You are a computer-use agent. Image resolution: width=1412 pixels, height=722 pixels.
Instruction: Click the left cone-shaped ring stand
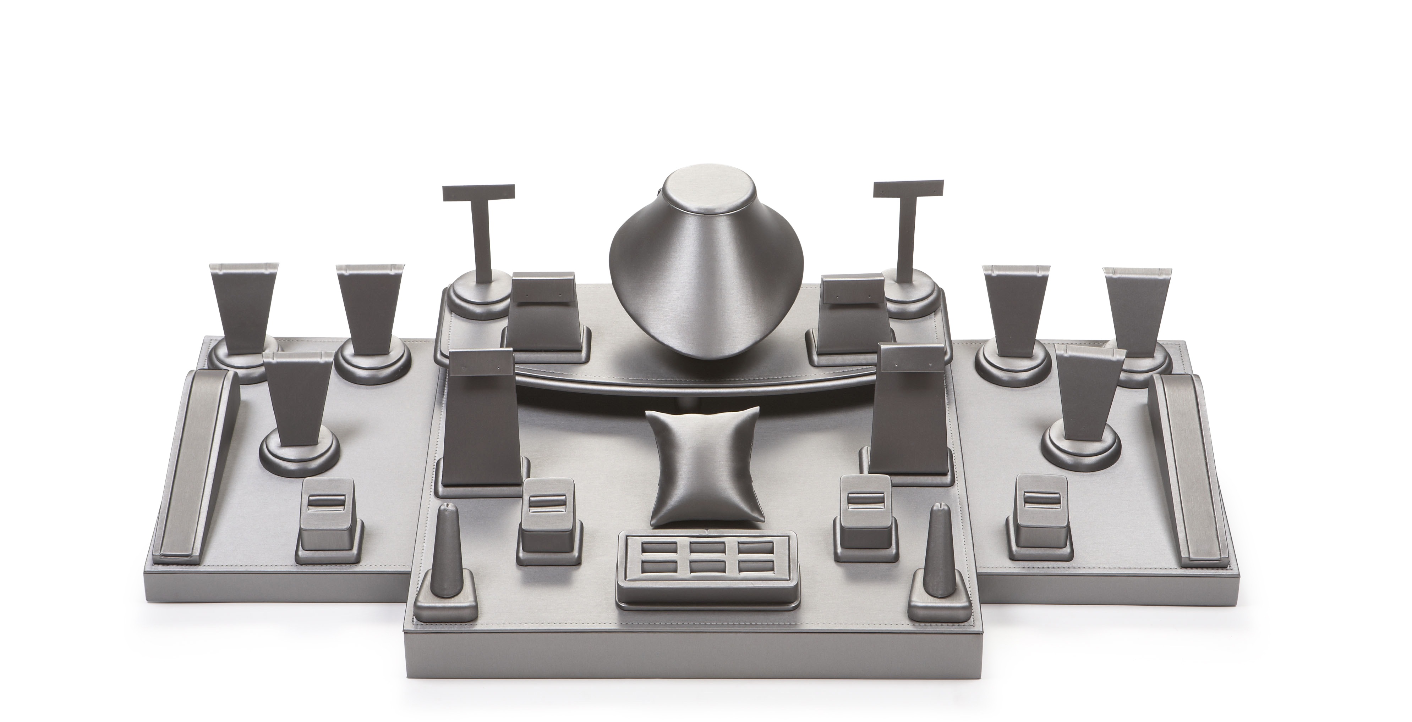pos(445,548)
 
